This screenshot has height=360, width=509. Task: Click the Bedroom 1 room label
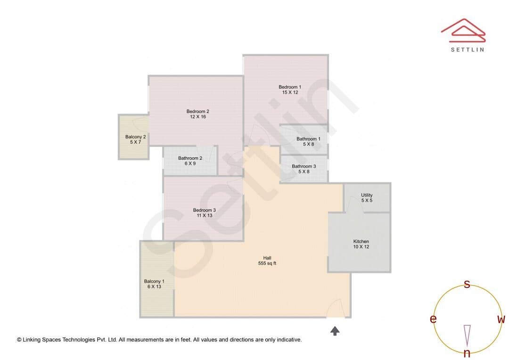point(290,87)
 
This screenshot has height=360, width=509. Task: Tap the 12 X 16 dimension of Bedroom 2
point(198,117)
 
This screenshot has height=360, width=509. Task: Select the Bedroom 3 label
point(205,210)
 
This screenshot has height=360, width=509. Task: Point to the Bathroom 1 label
point(308,139)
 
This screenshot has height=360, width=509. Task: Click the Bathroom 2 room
point(190,161)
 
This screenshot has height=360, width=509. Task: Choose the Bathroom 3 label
point(304,166)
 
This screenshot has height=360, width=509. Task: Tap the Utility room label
point(367,195)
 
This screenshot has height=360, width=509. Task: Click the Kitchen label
point(361,242)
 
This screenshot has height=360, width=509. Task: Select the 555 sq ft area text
point(267,263)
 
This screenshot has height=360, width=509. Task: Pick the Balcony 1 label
point(154,281)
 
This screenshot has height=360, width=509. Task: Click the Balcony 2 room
point(134,137)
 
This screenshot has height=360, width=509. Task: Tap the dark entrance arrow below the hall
point(335,331)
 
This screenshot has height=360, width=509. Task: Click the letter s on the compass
point(467,284)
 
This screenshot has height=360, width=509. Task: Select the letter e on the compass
point(433,319)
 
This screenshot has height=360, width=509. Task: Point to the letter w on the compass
point(501,319)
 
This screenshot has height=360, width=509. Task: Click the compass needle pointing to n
point(467,335)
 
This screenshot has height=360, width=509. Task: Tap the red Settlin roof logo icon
point(463,31)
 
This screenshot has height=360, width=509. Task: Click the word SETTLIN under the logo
point(468,49)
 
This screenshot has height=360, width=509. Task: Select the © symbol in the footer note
point(19,340)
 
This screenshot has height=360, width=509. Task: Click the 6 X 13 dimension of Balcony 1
point(154,286)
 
